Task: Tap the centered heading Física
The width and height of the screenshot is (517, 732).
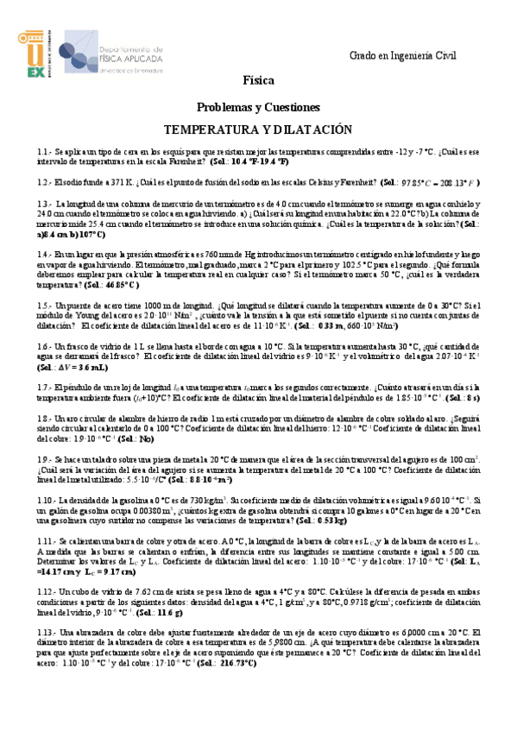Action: click(x=258, y=81)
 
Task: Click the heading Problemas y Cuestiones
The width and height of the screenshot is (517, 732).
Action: click(x=258, y=107)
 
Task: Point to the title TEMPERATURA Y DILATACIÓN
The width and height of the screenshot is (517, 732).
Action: click(x=258, y=129)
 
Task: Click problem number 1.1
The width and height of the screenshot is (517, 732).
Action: click(x=45, y=150)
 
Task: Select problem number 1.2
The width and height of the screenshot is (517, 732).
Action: click(x=45, y=183)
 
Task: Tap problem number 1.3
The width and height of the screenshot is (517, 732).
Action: click(x=45, y=205)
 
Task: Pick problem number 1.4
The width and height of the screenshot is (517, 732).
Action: click(x=45, y=255)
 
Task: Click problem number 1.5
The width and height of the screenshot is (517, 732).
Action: click(x=45, y=306)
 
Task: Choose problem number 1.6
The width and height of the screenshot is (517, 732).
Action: click(x=45, y=346)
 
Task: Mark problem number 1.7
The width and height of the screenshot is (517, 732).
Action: click(x=45, y=388)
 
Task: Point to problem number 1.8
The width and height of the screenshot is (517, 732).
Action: click(x=45, y=419)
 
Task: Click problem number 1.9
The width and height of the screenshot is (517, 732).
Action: click(x=45, y=460)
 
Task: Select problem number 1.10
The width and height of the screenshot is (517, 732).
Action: click(x=47, y=501)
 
